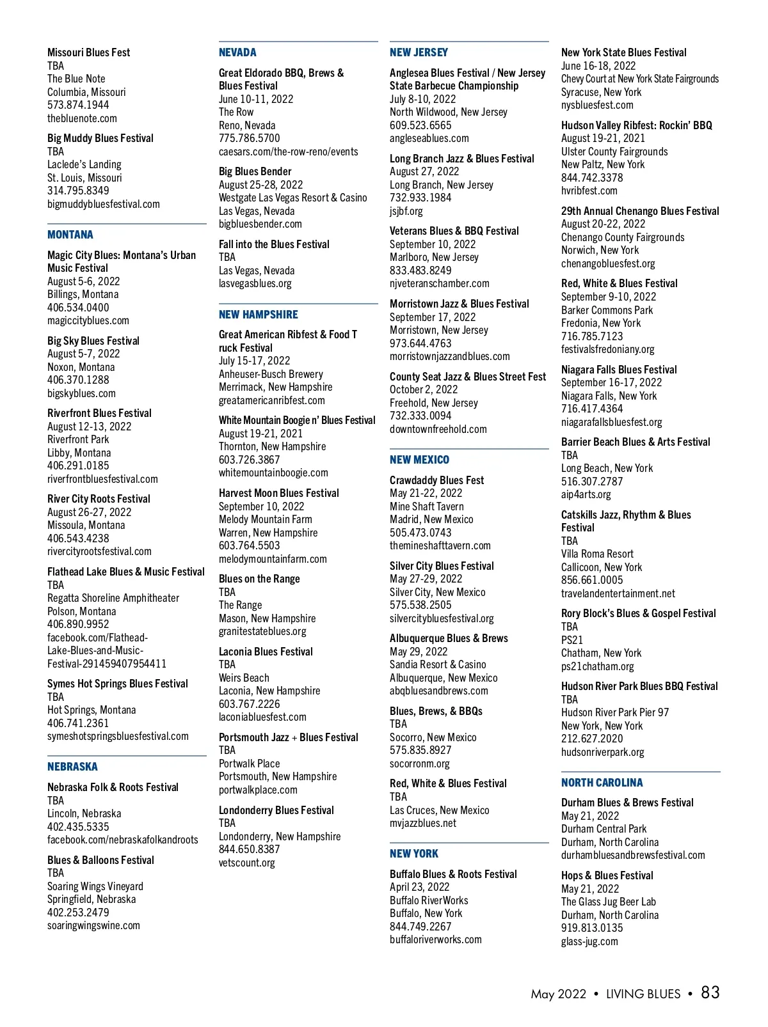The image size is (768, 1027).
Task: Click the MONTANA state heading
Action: pyautogui.click(x=70, y=235)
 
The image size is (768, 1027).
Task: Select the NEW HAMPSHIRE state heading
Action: pyautogui.click(x=259, y=315)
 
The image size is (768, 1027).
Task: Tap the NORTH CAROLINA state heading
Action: pyautogui.click(x=602, y=783)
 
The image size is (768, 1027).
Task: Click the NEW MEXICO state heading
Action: pyautogui.click(x=419, y=460)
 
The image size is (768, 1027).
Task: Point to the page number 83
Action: pyautogui.click(x=710, y=992)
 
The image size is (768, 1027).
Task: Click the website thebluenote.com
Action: pyautogui.click(x=82, y=118)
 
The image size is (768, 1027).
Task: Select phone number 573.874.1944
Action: pyautogui.click(x=78, y=105)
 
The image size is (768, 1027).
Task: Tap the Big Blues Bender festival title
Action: pyautogui.click(x=255, y=171)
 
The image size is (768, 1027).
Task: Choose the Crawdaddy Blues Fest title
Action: pyautogui.click(x=436, y=480)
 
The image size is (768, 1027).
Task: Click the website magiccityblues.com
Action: pyautogui.click(x=88, y=320)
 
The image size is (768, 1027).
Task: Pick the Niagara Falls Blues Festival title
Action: pyautogui.click(x=619, y=370)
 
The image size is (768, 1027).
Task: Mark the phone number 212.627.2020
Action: pyautogui.click(x=592, y=739)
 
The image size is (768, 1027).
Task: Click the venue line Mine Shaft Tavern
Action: pyautogui.click(x=427, y=506)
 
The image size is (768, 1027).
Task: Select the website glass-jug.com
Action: pyautogui.click(x=589, y=941)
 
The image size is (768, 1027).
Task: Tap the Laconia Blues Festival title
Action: pyautogui.click(x=266, y=652)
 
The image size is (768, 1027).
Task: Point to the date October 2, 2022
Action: pyautogui.click(x=424, y=389)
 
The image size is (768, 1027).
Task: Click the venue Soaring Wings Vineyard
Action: pyautogui.click(x=95, y=886)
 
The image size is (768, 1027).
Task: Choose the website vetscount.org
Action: pyautogui.click(x=247, y=863)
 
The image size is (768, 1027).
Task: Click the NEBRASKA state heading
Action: pyautogui.click(x=72, y=767)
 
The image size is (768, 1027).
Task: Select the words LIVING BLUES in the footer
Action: pyautogui.click(x=643, y=994)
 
